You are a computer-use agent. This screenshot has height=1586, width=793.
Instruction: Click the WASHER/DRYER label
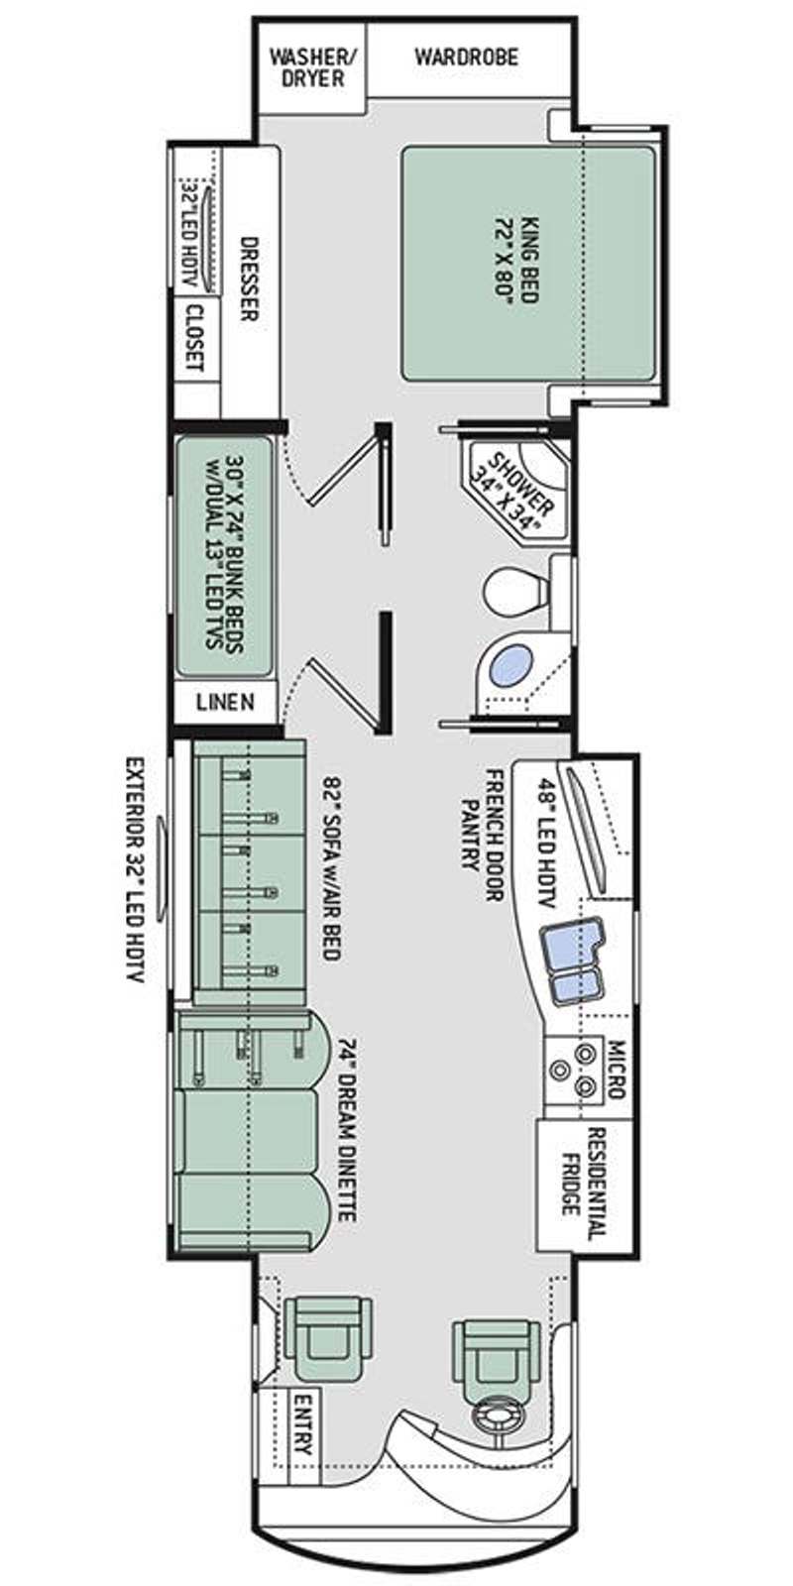[x=313, y=66]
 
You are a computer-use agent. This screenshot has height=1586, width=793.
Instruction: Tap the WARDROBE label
[x=467, y=57]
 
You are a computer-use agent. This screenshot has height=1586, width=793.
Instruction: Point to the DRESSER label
[x=248, y=279]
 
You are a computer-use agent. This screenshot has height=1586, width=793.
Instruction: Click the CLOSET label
[x=194, y=338]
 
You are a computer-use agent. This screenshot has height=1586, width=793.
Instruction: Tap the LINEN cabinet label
[x=225, y=703]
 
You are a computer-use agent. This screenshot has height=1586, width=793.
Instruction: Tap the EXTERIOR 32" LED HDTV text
[x=136, y=871]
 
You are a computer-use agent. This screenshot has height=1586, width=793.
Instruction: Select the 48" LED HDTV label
[x=545, y=844]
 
